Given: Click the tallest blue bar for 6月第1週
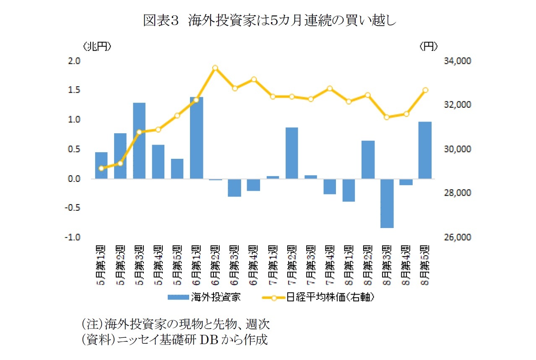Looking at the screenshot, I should (196, 138).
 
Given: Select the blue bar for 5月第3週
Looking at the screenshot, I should (139, 141).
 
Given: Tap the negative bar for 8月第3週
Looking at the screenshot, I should (387, 204).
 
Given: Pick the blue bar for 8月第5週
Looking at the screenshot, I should (425, 150).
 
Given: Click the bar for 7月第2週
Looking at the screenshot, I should (291, 153).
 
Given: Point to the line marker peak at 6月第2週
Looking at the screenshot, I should (215, 68).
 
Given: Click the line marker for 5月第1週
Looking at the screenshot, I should (101, 168).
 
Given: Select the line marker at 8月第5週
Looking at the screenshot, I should (425, 90).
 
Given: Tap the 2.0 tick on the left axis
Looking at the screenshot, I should (74, 61).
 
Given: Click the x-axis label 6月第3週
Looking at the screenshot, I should (234, 264).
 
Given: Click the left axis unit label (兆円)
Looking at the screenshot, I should (97, 47).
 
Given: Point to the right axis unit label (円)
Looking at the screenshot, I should (429, 47).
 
